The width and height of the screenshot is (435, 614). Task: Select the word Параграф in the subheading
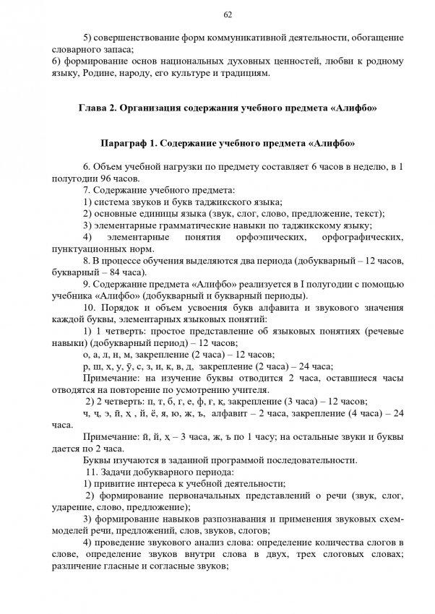(x=124, y=143)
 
